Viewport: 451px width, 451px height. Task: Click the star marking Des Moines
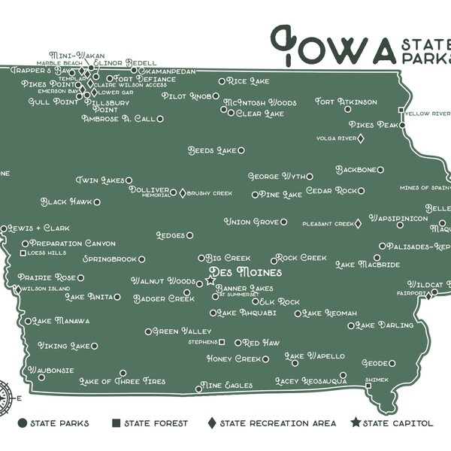tap(210, 281)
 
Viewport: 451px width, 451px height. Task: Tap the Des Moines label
tap(235, 272)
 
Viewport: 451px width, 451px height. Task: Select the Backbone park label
tap(355, 170)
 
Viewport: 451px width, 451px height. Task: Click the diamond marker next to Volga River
tap(360, 139)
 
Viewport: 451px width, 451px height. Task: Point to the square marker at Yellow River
tap(401, 112)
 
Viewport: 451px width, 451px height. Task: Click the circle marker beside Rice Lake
tap(222, 81)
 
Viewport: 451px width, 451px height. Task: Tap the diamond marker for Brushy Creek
tap(182, 193)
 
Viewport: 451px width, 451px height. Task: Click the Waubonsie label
tap(53, 370)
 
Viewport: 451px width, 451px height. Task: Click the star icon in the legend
tap(355, 423)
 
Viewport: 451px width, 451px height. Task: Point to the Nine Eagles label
tap(229, 386)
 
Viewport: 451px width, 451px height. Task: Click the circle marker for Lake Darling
tap(351, 325)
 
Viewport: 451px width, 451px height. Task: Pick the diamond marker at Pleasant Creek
tap(358, 224)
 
